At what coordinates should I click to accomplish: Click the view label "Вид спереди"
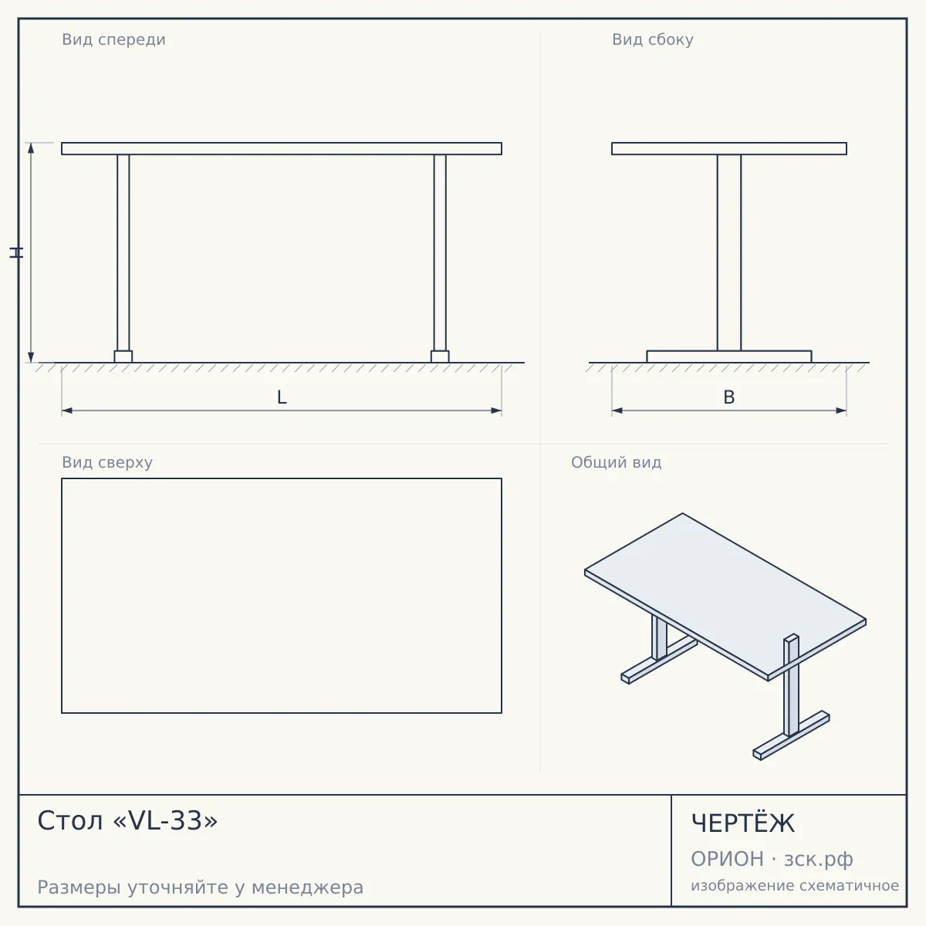click(x=114, y=39)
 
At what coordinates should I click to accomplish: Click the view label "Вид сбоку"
click(x=653, y=39)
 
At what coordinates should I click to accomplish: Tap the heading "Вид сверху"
click(x=107, y=462)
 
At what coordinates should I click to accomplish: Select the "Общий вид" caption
click(x=616, y=462)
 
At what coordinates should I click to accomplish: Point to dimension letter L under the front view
click(x=282, y=397)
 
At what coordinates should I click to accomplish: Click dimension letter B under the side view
click(x=729, y=397)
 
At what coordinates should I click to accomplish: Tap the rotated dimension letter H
click(x=16, y=253)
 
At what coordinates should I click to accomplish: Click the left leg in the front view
click(x=123, y=253)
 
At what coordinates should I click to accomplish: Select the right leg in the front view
click(x=440, y=253)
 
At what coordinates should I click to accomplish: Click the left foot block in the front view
click(x=123, y=357)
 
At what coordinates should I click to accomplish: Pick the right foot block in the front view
click(x=440, y=357)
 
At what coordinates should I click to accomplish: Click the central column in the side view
click(x=729, y=253)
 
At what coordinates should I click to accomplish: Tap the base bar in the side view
click(x=729, y=357)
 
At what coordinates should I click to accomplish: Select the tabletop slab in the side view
click(x=729, y=148)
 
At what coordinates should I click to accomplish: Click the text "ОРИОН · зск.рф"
click(x=772, y=859)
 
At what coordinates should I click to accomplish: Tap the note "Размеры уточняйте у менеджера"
click(x=201, y=887)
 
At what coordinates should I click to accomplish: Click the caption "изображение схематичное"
click(x=795, y=885)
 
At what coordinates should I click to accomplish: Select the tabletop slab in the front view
click(x=282, y=148)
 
